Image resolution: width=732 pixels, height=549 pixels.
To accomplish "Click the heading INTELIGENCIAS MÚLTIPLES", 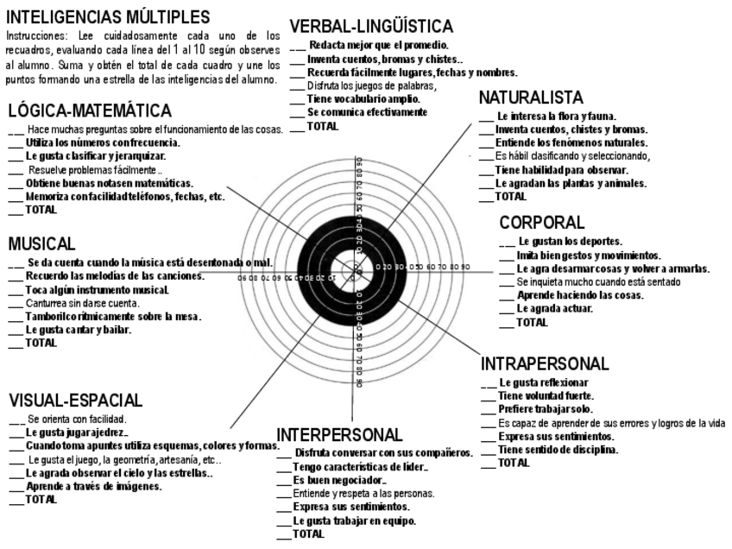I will click(107, 16).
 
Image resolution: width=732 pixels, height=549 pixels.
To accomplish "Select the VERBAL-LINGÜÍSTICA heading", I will click(371, 27).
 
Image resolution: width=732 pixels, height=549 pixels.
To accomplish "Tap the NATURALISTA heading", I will click(531, 98).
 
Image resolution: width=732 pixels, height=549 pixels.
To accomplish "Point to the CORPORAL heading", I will click(542, 223).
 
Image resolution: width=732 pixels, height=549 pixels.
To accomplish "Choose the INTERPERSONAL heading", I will click(339, 433).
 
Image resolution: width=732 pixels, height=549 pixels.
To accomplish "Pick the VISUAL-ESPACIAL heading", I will click(75, 401).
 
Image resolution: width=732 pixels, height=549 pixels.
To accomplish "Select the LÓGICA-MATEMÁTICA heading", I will click(89, 110).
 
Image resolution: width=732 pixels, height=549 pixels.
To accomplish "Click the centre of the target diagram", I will click(357, 274).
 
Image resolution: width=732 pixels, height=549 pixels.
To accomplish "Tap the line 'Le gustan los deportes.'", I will click(570, 242).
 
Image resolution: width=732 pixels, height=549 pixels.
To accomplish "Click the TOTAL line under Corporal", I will click(531, 322).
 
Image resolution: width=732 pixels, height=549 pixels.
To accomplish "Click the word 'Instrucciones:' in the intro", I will click(35, 36).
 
